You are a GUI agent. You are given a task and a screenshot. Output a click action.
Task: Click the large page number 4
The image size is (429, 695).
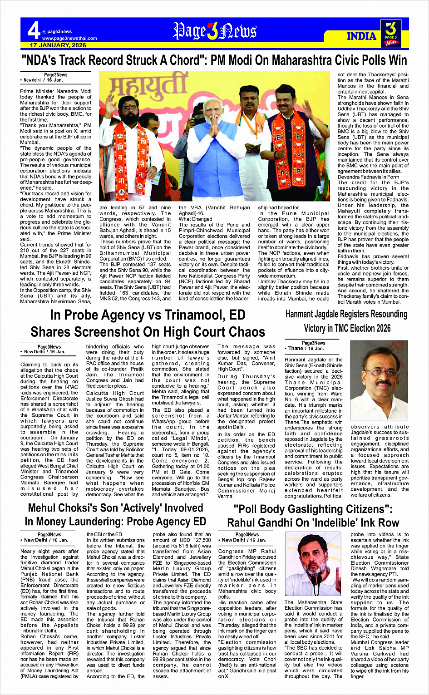point(33,30)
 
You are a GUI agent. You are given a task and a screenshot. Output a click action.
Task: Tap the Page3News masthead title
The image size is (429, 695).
point(215,31)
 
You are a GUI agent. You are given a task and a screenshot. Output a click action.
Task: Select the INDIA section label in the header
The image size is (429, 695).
point(361,36)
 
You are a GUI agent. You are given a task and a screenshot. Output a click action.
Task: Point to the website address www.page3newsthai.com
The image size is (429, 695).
point(69,39)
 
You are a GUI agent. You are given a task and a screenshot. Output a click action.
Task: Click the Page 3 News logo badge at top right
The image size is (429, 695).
point(391,33)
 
